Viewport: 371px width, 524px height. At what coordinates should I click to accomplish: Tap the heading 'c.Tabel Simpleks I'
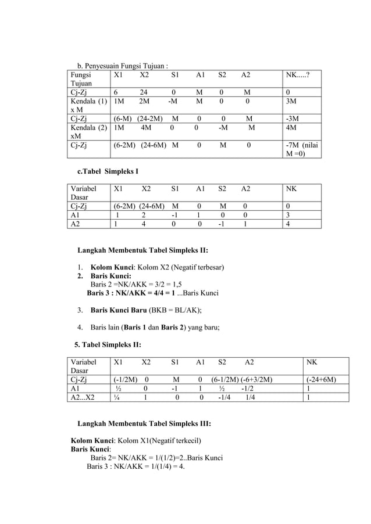pos(108,172)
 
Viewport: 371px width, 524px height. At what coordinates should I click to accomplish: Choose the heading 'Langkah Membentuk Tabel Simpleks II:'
pos(142,251)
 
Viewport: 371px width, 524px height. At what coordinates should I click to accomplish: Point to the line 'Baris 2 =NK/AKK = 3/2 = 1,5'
pos(137,285)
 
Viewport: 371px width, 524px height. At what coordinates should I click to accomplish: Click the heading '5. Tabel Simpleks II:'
pos(108,346)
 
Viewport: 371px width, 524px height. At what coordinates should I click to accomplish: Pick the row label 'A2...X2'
pos(83,398)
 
